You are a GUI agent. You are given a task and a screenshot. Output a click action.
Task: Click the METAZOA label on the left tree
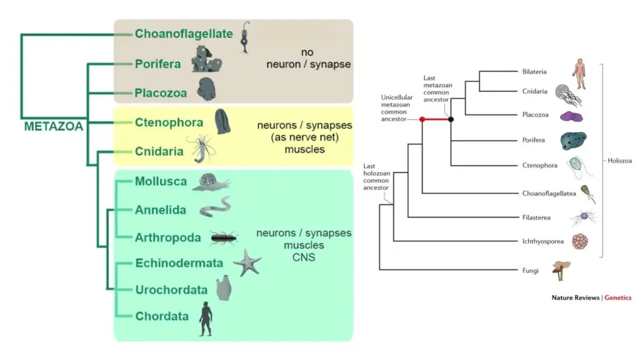tap(54, 126)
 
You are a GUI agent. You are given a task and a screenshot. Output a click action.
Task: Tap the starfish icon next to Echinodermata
tap(247, 263)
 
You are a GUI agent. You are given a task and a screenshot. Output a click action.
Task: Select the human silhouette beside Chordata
tap(206, 319)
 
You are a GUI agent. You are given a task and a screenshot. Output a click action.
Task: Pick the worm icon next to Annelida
tap(215, 207)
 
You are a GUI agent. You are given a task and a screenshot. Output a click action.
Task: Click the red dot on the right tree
tap(422, 119)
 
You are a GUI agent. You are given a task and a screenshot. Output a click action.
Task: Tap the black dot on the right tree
tap(451, 119)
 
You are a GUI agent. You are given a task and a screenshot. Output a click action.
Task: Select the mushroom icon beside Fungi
tap(561, 270)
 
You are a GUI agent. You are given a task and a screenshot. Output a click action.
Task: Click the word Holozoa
tap(619, 161)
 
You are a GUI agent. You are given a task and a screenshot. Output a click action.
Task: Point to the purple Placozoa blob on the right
tap(571, 116)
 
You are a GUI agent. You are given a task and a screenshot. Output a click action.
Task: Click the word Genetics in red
tap(617, 297)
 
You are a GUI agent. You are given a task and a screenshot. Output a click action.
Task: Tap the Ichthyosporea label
tap(543, 241)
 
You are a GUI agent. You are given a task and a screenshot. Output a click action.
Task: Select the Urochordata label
tap(171, 290)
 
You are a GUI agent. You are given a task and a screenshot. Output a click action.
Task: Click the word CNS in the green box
tap(304, 257)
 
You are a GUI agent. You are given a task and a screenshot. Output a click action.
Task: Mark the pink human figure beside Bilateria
tap(579, 74)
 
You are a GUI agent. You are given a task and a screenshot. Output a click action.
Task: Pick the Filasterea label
tap(536, 217)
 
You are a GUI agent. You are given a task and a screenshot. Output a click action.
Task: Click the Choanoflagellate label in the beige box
tap(184, 34)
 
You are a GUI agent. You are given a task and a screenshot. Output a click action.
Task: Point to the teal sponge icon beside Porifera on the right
tap(574, 141)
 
